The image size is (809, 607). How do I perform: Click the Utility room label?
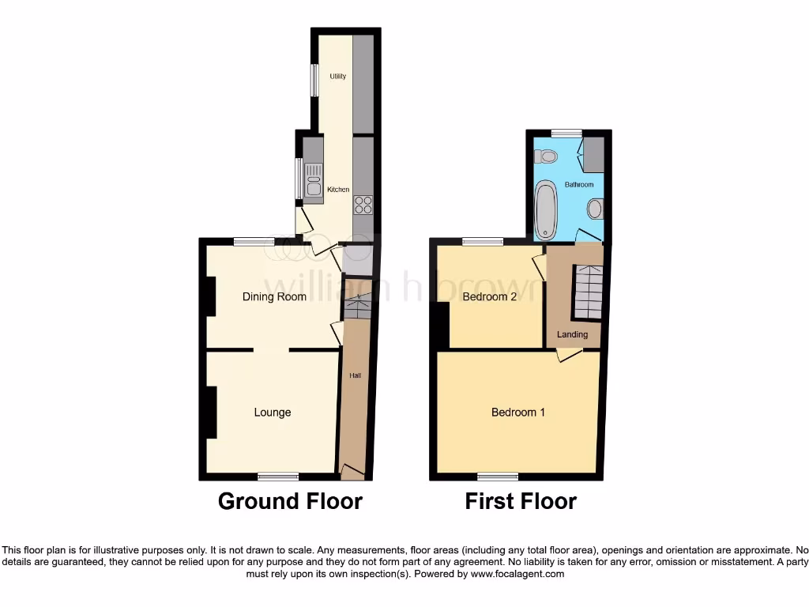pos(337,77)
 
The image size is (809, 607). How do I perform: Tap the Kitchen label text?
pos(338,190)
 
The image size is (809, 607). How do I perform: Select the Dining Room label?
pos(274,297)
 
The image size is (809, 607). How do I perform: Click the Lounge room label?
pos(273,412)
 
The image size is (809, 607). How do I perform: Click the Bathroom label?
pos(578,184)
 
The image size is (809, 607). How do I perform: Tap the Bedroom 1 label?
pos(518,412)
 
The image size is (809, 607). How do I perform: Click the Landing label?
pos(572,334)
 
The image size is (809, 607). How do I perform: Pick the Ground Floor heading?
pos(290,501)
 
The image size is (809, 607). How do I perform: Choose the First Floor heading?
pos(521,501)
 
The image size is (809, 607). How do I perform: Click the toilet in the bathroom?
pos(545,156)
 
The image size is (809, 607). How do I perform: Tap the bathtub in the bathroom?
pos(546,209)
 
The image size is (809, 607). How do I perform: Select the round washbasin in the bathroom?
pos(595,209)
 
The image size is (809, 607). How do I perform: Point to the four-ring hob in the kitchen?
pos(363,204)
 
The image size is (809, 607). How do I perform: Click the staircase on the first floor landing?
pos(588,291)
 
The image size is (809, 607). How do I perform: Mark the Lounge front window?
pos(279,476)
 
